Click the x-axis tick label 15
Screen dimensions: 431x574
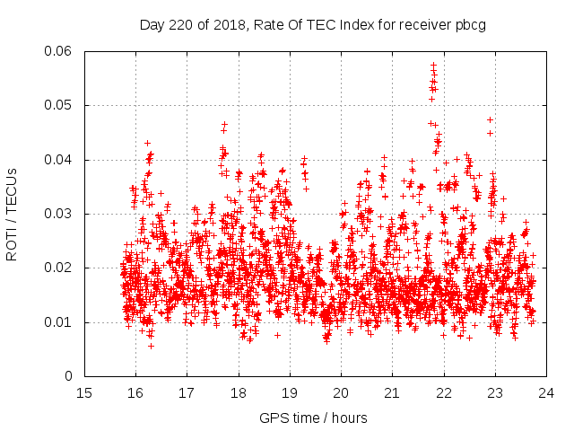pyautogui.click(x=84, y=392)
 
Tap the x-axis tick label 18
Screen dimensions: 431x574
pyautogui.click(x=239, y=392)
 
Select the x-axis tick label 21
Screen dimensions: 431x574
pyautogui.click(x=392, y=392)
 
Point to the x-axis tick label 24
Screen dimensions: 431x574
pyautogui.click(x=546, y=392)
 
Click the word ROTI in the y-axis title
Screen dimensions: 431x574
pyautogui.click(x=12, y=243)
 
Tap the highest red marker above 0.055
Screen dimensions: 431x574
pyautogui.click(x=433, y=66)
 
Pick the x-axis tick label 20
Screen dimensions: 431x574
pyautogui.click(x=341, y=392)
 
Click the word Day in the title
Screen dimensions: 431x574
pyautogui.click(x=152, y=25)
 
